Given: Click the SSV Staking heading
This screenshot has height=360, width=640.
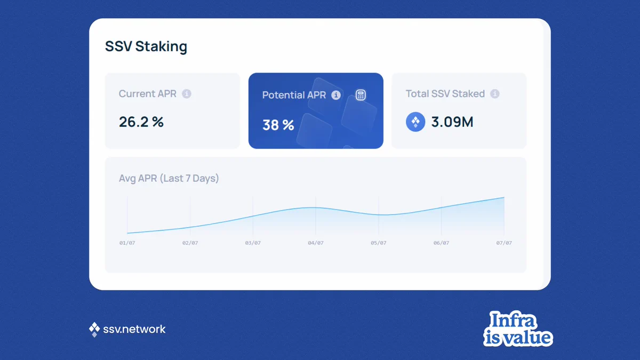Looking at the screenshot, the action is pos(146,46).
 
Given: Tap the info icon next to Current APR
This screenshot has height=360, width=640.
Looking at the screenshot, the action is pos(187,94).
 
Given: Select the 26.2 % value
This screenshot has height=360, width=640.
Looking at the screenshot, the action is pos(141,122).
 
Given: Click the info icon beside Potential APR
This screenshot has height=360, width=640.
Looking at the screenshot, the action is pos(336,95).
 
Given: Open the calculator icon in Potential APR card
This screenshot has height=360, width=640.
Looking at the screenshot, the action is pos(361,95).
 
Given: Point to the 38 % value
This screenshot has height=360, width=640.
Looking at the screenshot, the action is pos(278,125).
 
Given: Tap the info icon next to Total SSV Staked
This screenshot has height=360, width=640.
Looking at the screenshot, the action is pos(495,94).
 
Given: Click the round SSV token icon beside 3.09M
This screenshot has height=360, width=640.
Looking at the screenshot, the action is pos(415,122).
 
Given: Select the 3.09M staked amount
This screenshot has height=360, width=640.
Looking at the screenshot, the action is pos(452,122).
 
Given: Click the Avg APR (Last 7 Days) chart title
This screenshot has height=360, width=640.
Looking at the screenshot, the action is pos(169,178).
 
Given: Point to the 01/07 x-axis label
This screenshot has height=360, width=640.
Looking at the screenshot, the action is pos(127,243).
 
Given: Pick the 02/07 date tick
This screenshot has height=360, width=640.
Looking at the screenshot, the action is pos(190,243).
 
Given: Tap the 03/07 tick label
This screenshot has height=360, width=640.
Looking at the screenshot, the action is pos(253,243).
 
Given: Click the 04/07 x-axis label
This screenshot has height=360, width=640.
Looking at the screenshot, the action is pos(316,243).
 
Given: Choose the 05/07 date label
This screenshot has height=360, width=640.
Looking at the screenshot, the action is pos(379,243).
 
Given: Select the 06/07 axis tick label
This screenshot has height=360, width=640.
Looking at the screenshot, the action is pos(441,243).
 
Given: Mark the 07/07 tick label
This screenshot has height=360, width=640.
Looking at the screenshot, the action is pos(504,243).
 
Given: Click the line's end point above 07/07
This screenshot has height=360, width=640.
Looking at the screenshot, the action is pos(504,197).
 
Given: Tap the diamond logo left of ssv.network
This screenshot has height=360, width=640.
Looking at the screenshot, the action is pos(94,330).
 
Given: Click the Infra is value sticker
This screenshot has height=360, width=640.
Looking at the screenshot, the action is pos(518,329).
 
